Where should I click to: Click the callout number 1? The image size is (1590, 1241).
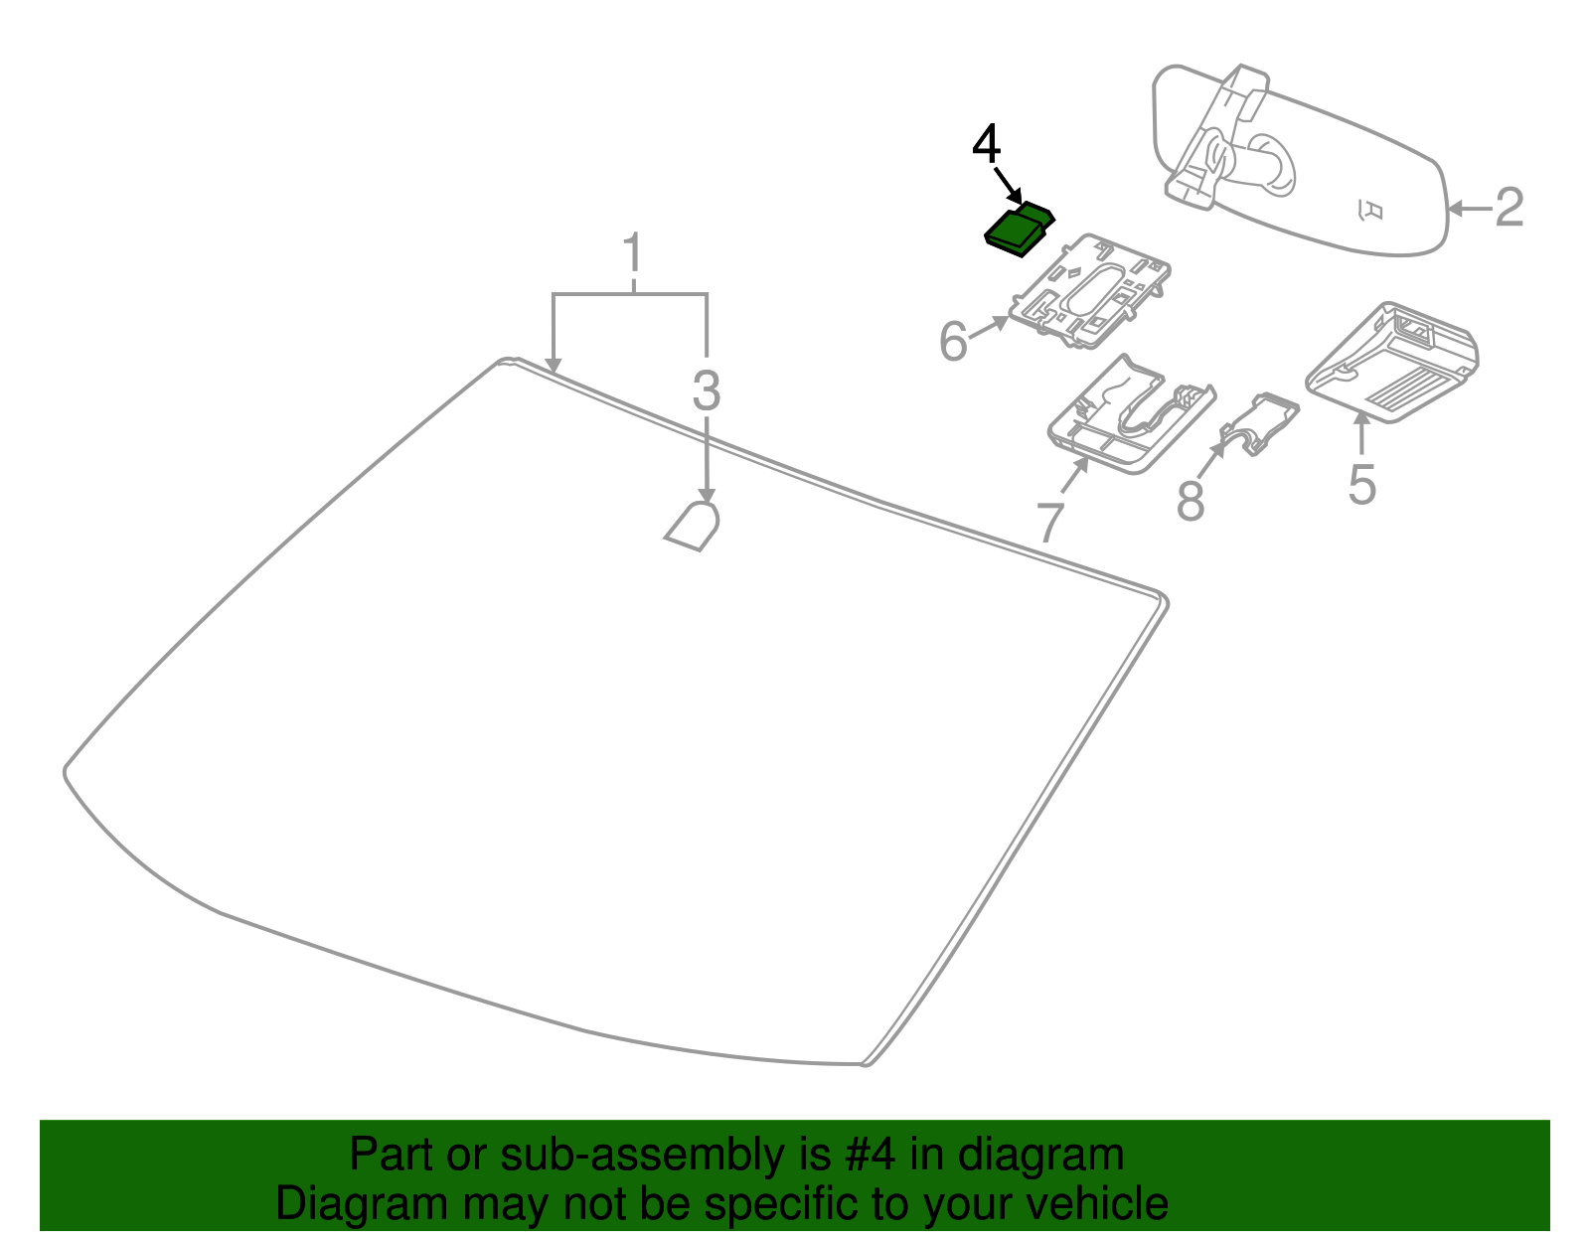(x=632, y=254)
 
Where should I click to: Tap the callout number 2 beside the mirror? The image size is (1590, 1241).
(x=1509, y=208)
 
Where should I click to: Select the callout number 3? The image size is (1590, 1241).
(x=706, y=390)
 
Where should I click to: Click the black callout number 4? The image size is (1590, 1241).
(x=986, y=145)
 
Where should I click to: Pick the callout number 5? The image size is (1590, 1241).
(x=1361, y=485)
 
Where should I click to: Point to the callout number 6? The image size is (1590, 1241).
(x=953, y=343)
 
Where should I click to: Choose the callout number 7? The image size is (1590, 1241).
(x=1050, y=523)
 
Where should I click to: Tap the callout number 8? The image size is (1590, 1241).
(x=1190, y=501)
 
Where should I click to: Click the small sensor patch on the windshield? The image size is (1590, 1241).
(x=694, y=526)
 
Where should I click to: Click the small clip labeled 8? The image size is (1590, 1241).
(x=1259, y=421)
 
